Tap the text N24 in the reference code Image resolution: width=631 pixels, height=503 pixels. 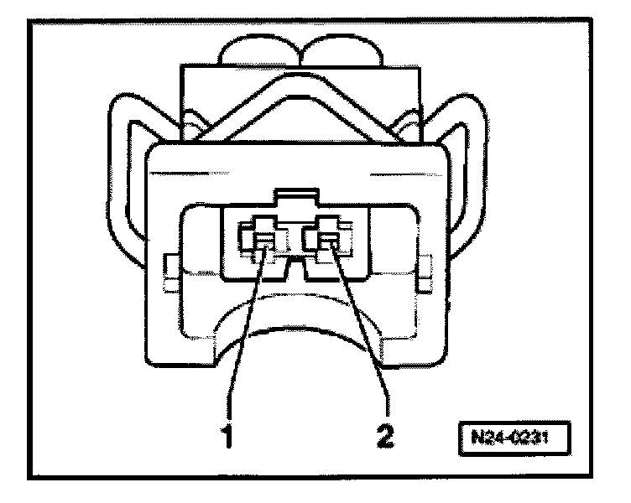pyautogui.click(x=484, y=438)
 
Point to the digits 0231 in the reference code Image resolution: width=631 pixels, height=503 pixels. pyautogui.click(x=527, y=438)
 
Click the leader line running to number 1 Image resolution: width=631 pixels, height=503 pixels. pyautogui.click(x=245, y=335)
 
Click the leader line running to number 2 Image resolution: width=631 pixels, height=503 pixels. pyautogui.click(x=362, y=335)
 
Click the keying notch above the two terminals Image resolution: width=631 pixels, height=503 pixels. pyautogui.click(x=297, y=200)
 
